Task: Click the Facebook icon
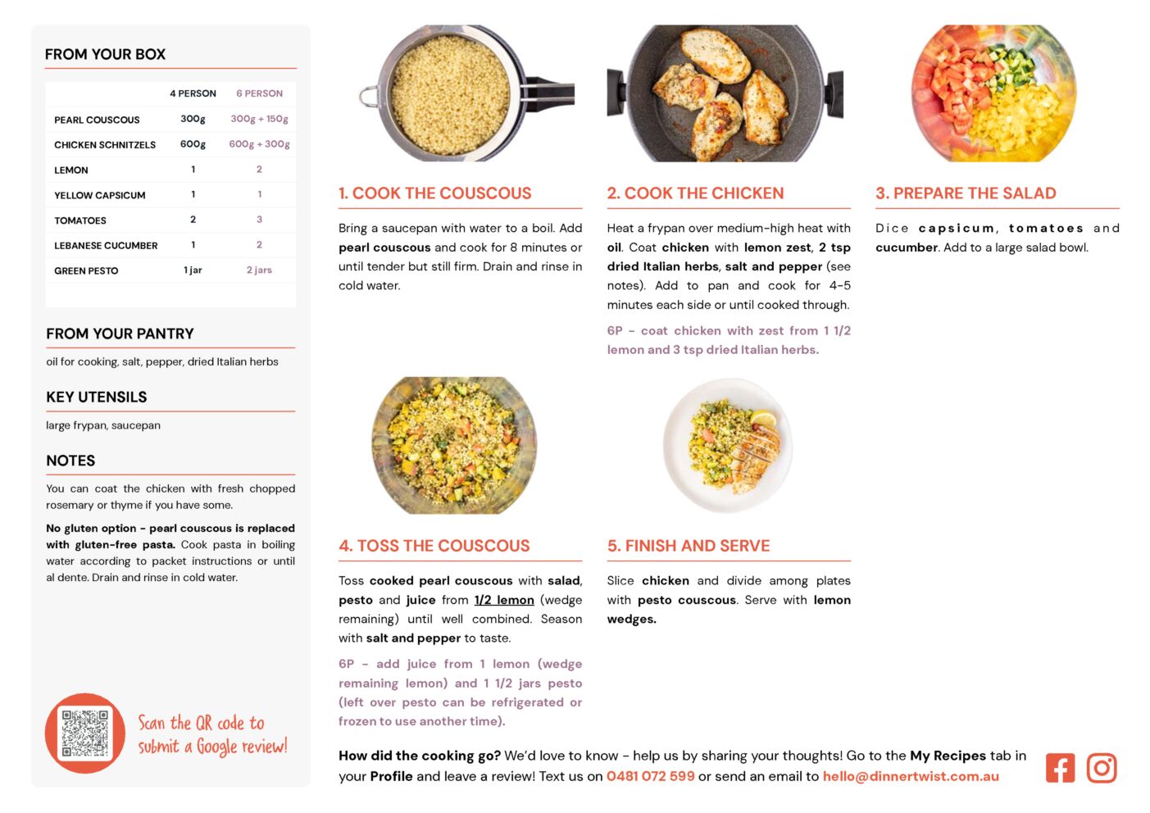coord(1060,768)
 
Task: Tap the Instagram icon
coord(1102,768)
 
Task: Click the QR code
coord(85,734)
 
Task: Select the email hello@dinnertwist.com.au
coord(911,776)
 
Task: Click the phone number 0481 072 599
coord(651,776)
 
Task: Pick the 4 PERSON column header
coord(193,93)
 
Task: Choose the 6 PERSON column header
coord(259,93)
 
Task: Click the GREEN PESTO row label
coord(86,270)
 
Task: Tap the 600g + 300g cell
coord(259,144)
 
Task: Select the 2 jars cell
coord(259,270)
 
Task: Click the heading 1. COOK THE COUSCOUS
coord(435,193)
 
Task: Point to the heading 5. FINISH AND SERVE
coord(689,546)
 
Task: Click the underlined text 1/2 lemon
coord(504,600)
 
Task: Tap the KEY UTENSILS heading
coord(97,397)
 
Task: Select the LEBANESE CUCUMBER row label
coord(106,245)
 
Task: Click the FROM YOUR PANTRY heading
coord(120,334)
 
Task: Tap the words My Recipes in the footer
coord(948,756)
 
